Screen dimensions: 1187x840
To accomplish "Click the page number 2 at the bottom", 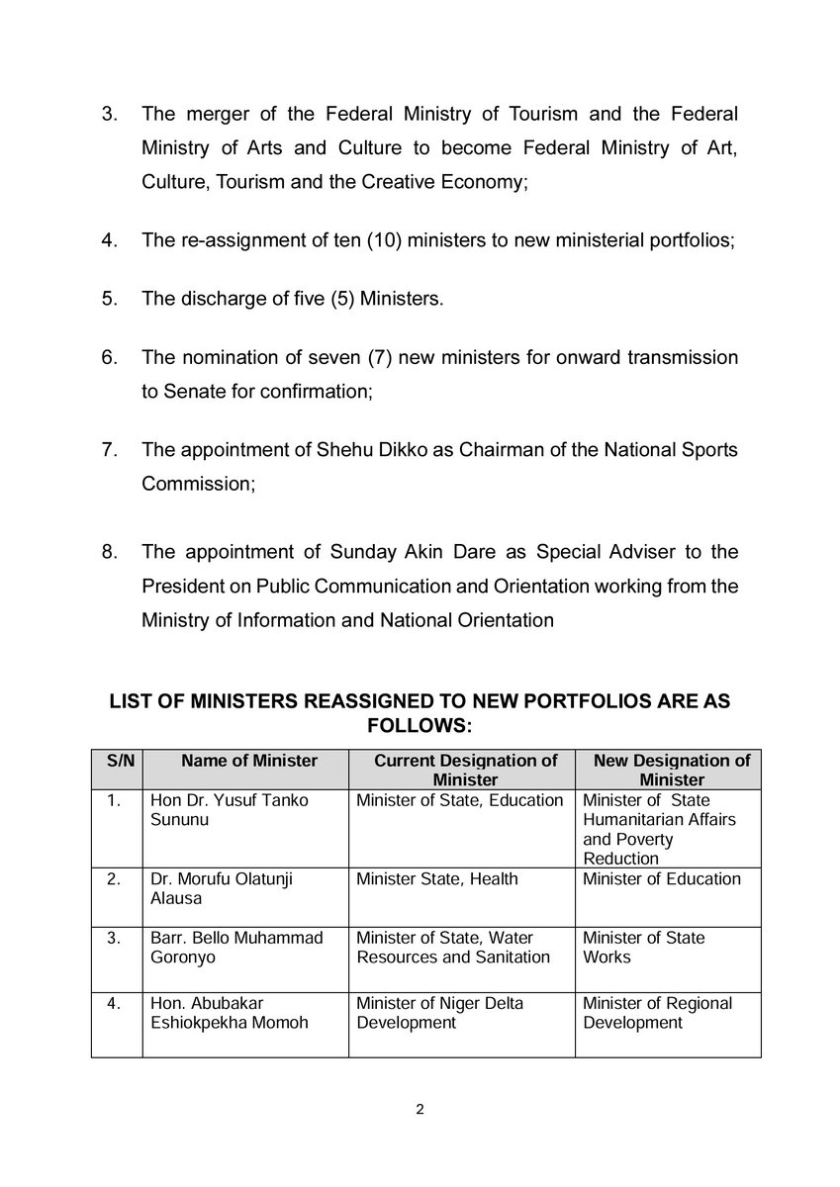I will [x=420, y=1109].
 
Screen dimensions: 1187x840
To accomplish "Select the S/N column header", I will [x=117, y=761].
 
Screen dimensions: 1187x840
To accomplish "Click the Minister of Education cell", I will [x=661, y=879].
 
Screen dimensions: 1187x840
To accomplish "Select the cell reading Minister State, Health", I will [x=436, y=879].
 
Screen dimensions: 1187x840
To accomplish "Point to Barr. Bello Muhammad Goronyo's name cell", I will [x=235, y=947].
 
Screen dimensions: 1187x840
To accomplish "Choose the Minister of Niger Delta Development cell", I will [x=439, y=1013].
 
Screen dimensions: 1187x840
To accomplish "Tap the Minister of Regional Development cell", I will [x=657, y=1013].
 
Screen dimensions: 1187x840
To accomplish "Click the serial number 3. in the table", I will [x=117, y=937].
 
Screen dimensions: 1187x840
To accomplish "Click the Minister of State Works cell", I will [x=643, y=947].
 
